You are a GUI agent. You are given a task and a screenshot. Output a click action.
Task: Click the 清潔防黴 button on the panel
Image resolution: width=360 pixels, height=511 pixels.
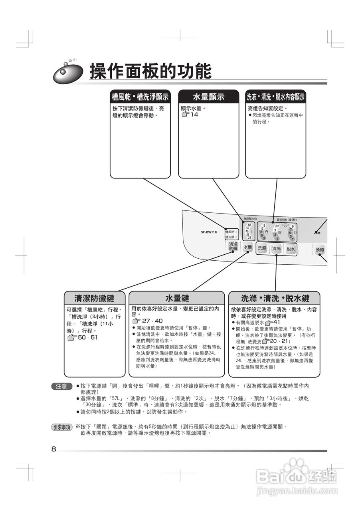pyautogui.click(x=233, y=247)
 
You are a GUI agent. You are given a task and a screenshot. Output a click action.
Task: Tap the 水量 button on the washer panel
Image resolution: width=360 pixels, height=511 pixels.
pyautogui.click(x=248, y=247)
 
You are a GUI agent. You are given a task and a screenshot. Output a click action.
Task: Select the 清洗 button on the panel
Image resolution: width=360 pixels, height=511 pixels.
pyautogui.click(x=276, y=248)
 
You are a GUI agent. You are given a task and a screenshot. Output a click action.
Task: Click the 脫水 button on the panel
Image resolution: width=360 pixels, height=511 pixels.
pyautogui.click(x=291, y=249)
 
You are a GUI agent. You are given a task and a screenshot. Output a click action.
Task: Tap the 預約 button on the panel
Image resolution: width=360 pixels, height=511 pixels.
pyautogui.click(x=320, y=250)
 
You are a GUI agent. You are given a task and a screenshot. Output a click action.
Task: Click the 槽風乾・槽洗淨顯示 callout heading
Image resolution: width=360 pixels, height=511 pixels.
pyautogui.click(x=140, y=97)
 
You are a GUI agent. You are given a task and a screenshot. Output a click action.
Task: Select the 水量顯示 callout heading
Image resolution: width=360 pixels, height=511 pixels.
pyautogui.click(x=208, y=97)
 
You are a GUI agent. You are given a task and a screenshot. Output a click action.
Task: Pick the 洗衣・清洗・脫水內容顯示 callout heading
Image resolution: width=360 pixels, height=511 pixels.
pyautogui.click(x=275, y=97)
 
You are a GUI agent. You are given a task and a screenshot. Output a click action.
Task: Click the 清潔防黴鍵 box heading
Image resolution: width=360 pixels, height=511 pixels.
pyautogui.click(x=94, y=298)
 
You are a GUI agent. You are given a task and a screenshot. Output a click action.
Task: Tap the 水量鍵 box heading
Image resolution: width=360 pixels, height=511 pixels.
pyautogui.click(x=177, y=298)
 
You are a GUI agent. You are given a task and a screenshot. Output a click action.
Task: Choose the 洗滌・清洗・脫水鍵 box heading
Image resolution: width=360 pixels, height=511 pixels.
pyautogui.click(x=275, y=298)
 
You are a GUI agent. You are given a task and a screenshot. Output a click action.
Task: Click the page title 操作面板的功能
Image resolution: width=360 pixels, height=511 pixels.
pyautogui.click(x=150, y=71)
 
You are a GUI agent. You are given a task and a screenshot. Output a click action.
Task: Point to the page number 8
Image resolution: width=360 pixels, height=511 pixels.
pyautogui.click(x=54, y=449)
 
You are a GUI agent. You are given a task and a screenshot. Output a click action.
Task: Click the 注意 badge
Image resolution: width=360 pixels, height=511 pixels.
pyautogui.click(x=61, y=386)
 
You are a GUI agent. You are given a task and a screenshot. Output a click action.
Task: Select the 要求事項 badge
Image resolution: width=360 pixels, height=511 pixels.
pyautogui.click(x=62, y=427)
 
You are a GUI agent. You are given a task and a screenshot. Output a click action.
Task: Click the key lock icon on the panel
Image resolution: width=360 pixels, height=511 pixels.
pyautogui.click(x=317, y=232)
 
